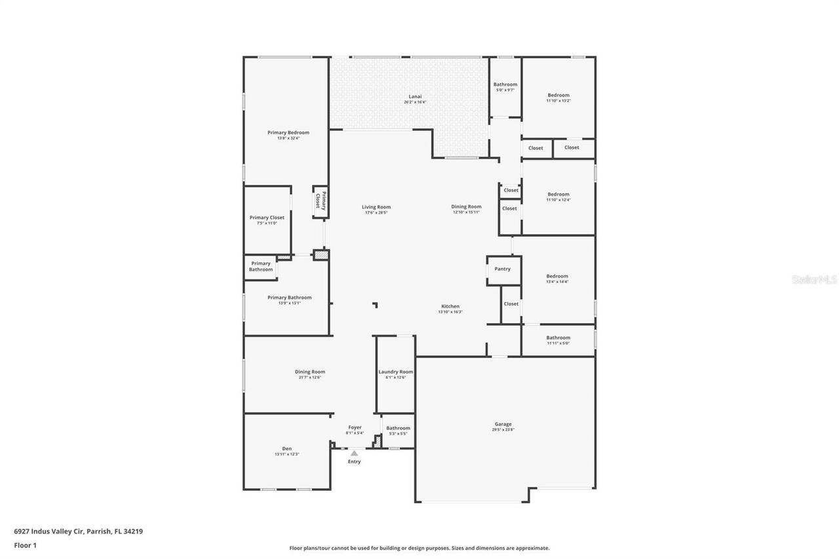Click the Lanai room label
tap(413, 96)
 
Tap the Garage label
tap(503, 424)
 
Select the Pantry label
tap(502, 269)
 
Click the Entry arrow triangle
tap(354, 453)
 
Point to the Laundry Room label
tap(396, 372)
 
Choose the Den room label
tap(286, 448)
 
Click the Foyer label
tap(355, 427)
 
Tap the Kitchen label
tap(450, 306)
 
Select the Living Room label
tap(376, 207)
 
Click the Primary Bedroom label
tap(288, 132)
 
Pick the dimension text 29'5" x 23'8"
tap(503, 430)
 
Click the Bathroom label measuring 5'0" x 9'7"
tap(505, 85)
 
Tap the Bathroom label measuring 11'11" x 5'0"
tap(558, 337)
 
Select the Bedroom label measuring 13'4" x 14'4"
tap(557, 276)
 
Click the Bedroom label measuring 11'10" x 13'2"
tap(558, 95)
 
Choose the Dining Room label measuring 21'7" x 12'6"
tap(309, 372)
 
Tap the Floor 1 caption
tap(25, 545)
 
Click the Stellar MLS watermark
tap(814, 279)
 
